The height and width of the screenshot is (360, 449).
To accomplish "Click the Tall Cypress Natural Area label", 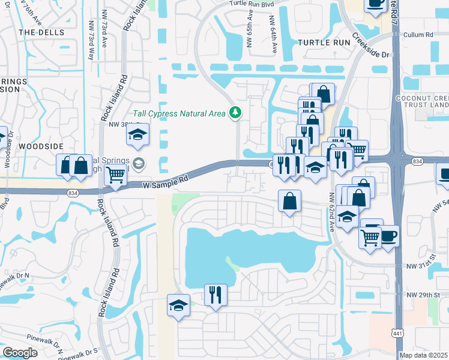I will (x=179, y=113).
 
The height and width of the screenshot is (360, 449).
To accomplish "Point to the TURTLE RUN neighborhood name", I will (x=324, y=43).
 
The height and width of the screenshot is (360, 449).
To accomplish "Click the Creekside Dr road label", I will (x=371, y=46).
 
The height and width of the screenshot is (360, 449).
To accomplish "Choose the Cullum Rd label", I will (x=420, y=35).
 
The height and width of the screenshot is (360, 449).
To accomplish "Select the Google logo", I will (x=20, y=353).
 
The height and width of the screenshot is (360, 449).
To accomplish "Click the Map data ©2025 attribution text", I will (x=424, y=355).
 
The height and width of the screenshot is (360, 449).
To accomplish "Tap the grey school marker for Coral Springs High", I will (x=139, y=163).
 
